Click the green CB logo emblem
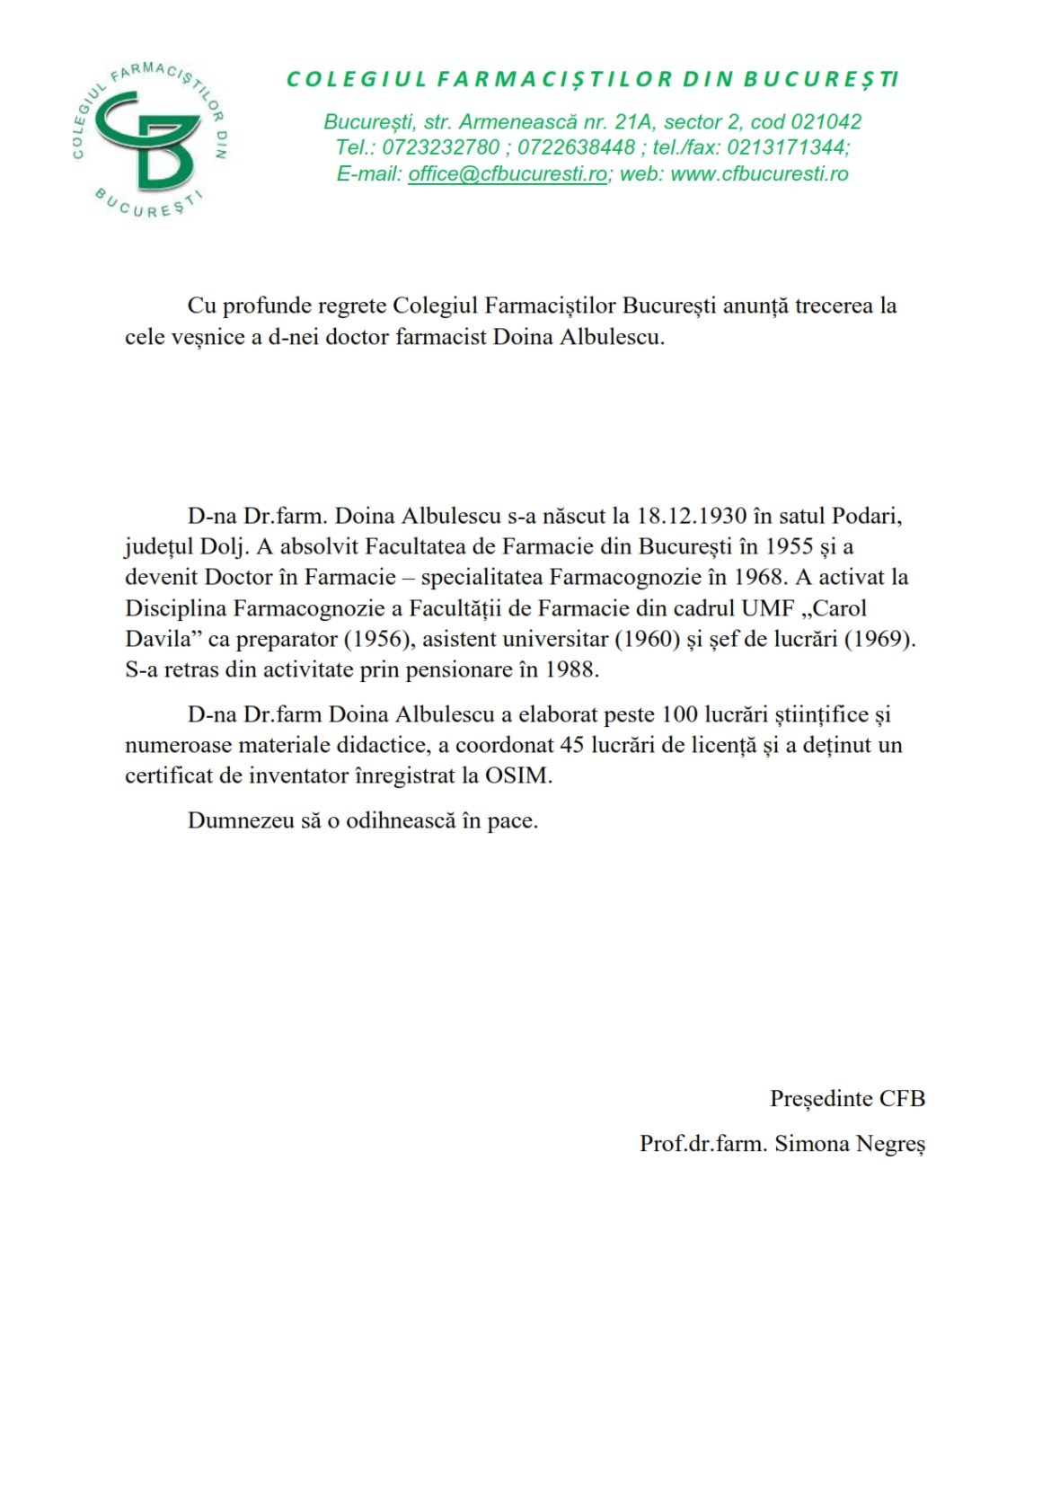[148, 140]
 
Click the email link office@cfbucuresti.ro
[508, 174]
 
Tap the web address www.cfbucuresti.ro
[759, 174]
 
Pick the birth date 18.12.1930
[692, 516]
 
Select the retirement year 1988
[571, 669]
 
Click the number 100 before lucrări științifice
[679, 714]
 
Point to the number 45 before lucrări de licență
[572, 745]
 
